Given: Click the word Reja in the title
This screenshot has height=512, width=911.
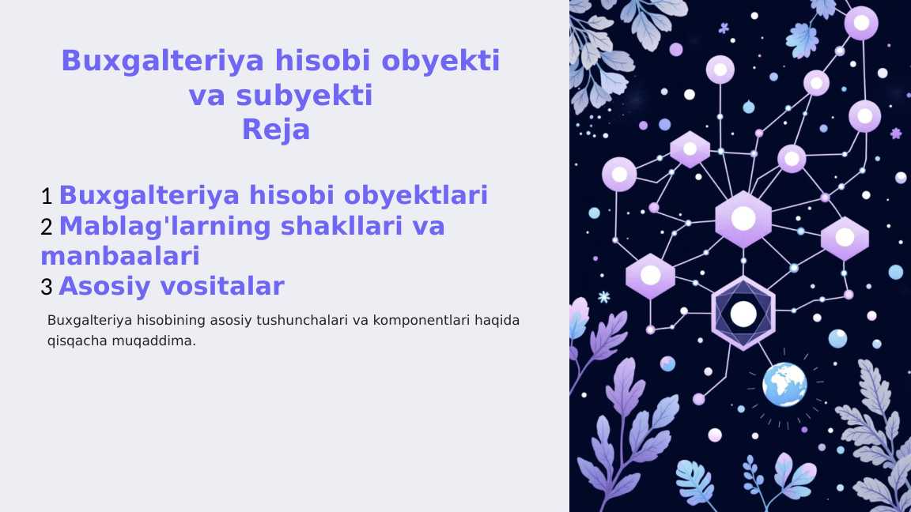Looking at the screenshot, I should pos(275,130).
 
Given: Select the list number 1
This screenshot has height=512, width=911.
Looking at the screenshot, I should pos(47,196).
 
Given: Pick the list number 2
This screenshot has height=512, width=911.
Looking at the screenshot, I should pos(47,228).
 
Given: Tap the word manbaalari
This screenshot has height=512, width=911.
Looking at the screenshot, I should pos(119,256).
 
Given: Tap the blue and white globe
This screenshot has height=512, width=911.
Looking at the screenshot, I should pos(784,384).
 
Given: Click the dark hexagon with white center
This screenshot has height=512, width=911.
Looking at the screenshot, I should pos(743,314).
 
